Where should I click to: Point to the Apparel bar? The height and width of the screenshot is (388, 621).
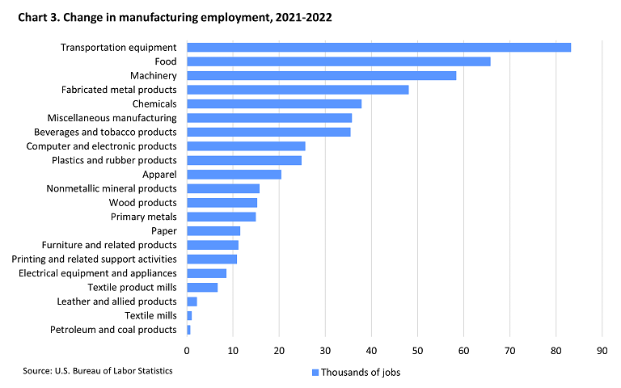coord(234,174)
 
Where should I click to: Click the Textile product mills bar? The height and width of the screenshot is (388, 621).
coord(202,287)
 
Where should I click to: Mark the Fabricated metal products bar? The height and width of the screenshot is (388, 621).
coord(298,90)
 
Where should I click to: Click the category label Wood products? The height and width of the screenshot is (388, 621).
coord(142,202)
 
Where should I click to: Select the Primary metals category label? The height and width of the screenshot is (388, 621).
coord(143,217)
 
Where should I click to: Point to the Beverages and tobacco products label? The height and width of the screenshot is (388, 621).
coord(105,132)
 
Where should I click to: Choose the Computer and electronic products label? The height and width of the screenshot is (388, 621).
coord(101,145)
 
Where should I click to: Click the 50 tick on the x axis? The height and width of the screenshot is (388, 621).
coord(417,351)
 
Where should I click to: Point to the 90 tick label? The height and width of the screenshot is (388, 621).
coord(602,351)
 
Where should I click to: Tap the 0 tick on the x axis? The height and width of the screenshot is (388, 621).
coord(187,351)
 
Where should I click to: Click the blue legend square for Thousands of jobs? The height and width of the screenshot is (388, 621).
coord(315,373)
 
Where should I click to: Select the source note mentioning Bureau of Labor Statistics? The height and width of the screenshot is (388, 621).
coord(98,370)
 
